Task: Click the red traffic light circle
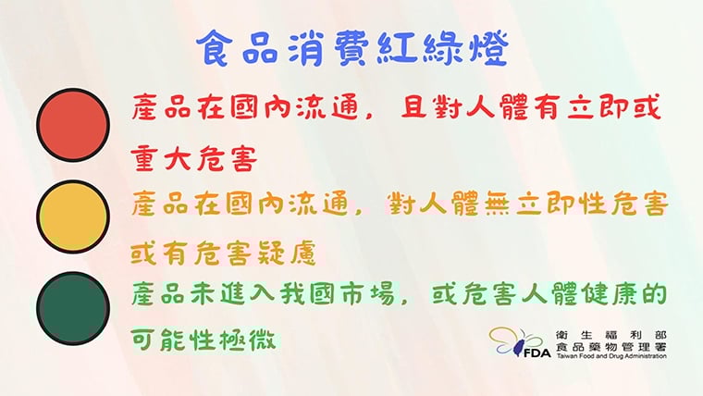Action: tap(73, 124)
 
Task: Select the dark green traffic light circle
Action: tap(73, 309)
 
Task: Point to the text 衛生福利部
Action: tap(611, 334)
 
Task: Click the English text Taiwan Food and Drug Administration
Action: tap(611, 356)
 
